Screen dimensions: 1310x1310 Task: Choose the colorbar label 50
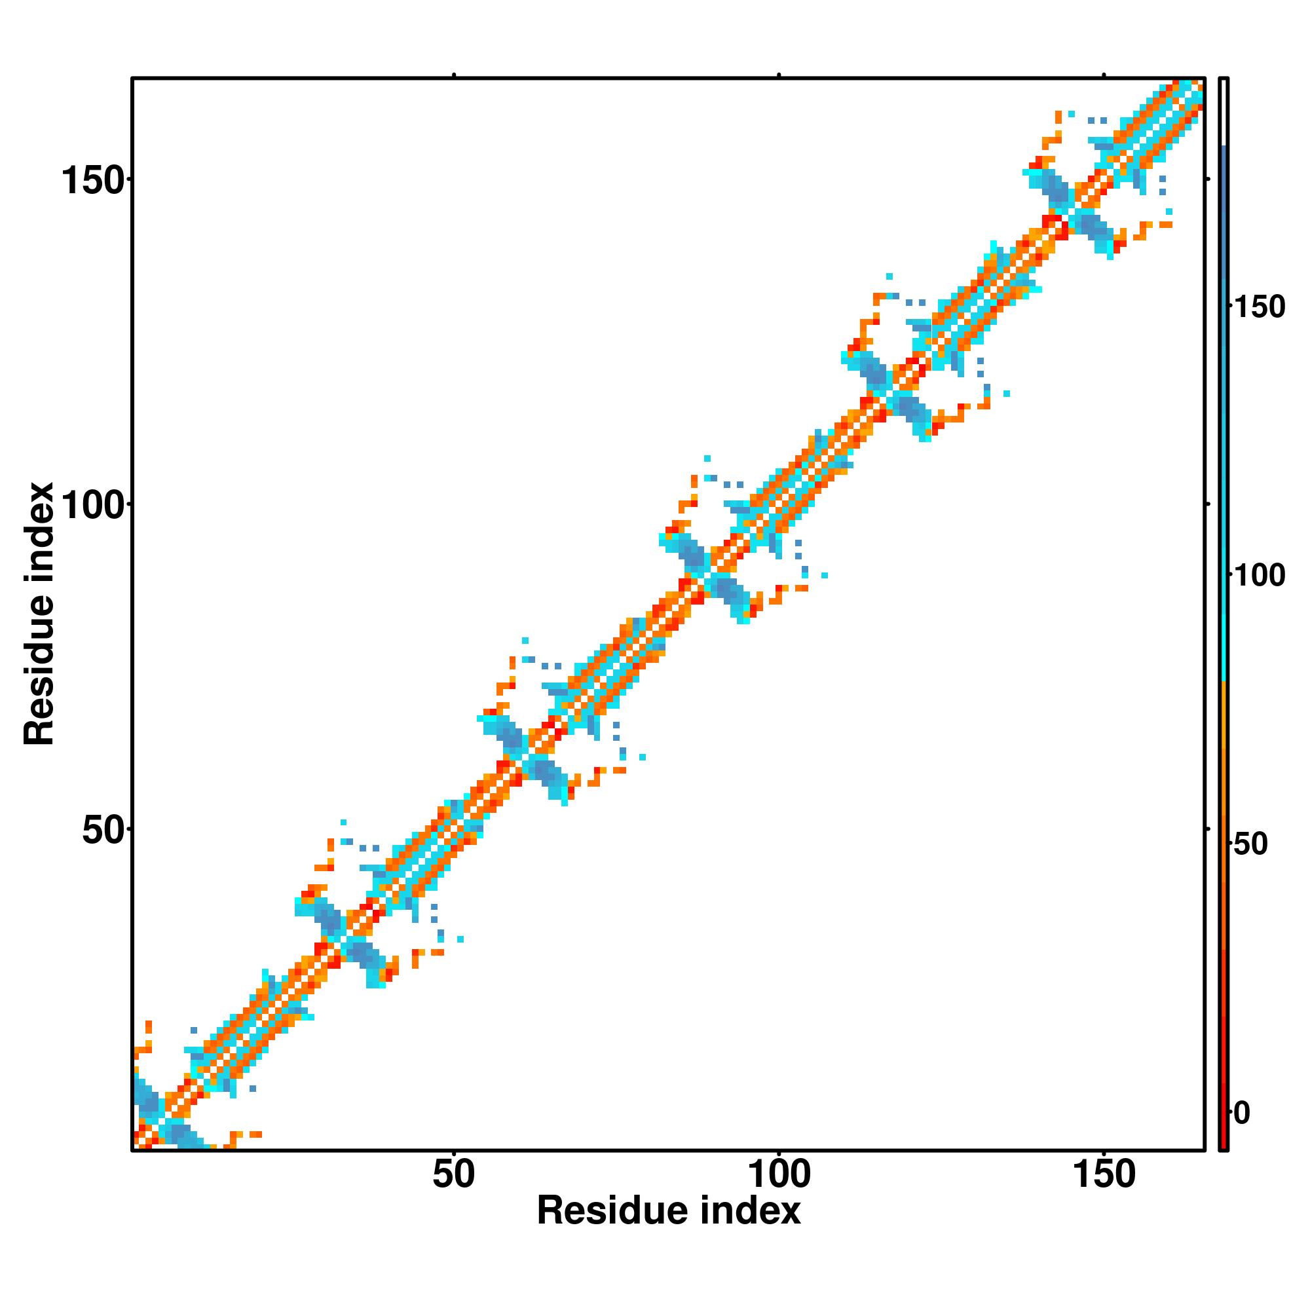click(x=1250, y=844)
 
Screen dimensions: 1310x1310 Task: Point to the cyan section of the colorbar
click(x=1224, y=610)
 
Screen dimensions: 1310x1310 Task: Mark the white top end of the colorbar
click(x=1224, y=113)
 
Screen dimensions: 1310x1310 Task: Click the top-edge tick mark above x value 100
click(x=779, y=75)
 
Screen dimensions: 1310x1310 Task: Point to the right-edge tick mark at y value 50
click(x=1208, y=829)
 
